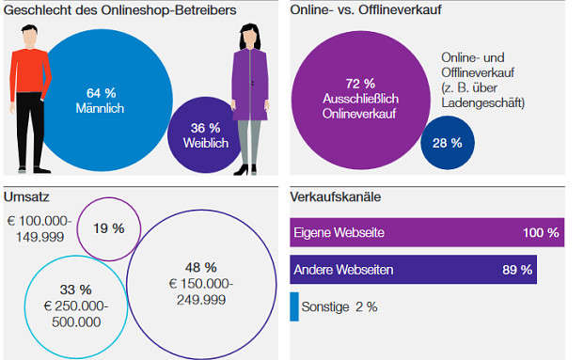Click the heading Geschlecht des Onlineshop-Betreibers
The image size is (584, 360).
coord(120,10)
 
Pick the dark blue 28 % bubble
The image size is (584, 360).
coord(448,143)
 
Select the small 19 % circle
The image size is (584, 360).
coord(107,227)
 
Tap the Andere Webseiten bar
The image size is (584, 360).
coord(413,270)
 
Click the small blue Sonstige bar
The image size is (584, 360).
coord(294,306)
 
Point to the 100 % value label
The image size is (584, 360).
coord(541,232)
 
